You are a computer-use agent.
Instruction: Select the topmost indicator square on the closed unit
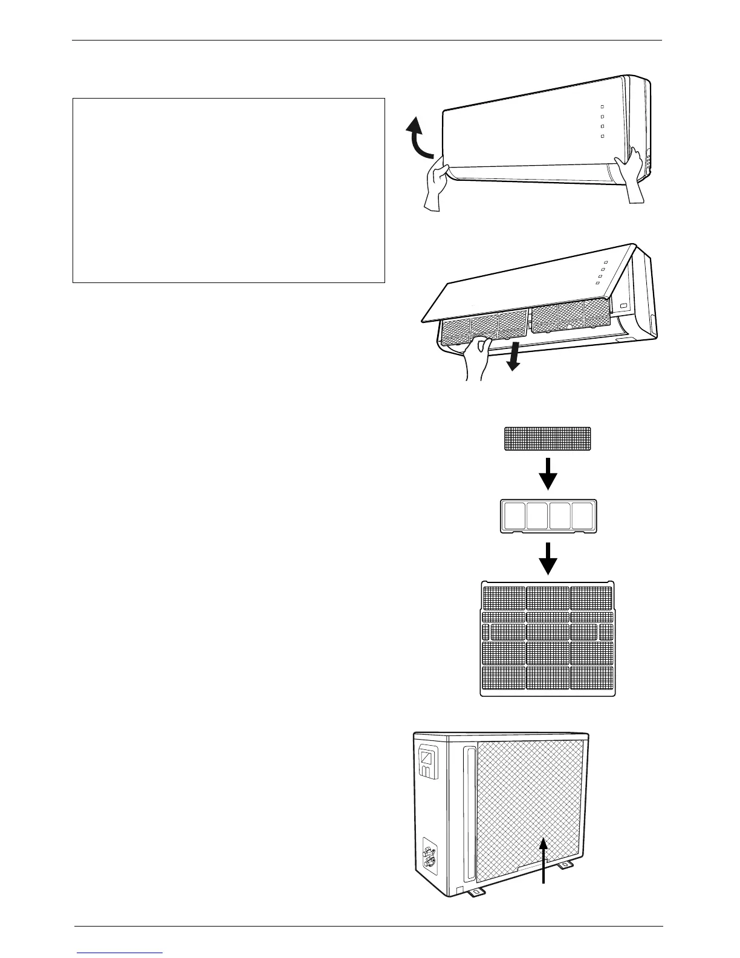(x=603, y=106)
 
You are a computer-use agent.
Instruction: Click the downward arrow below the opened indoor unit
(x=513, y=360)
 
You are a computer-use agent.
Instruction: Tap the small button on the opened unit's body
(x=624, y=299)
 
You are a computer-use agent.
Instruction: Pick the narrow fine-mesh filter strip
(x=548, y=438)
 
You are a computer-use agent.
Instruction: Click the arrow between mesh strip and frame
(x=548, y=474)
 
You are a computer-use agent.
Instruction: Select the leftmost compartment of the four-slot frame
(x=513, y=515)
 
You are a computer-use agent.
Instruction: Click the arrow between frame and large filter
(x=548, y=558)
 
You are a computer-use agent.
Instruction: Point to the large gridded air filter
(x=548, y=638)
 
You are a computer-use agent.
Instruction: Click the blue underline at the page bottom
(x=120, y=953)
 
